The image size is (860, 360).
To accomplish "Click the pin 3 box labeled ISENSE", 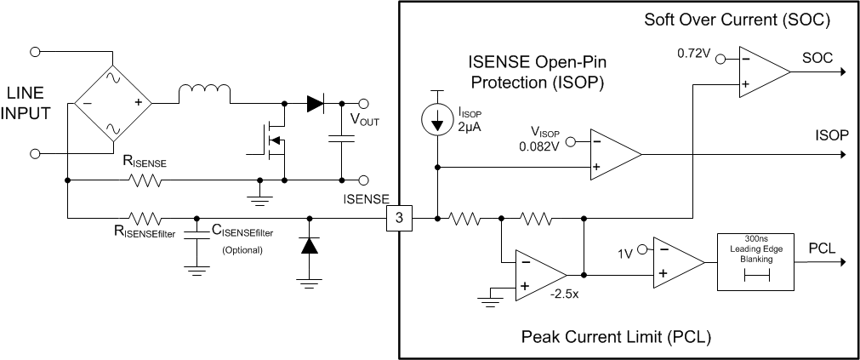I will tap(400, 219).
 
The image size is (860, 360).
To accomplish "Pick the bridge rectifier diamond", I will tap(113, 103).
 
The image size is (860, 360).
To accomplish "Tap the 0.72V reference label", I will tap(694, 53).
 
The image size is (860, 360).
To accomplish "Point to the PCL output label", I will tap(821, 248).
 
